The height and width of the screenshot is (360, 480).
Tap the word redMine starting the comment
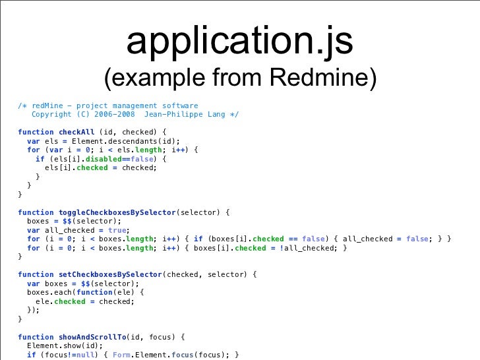pyautogui.click(x=47, y=105)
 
